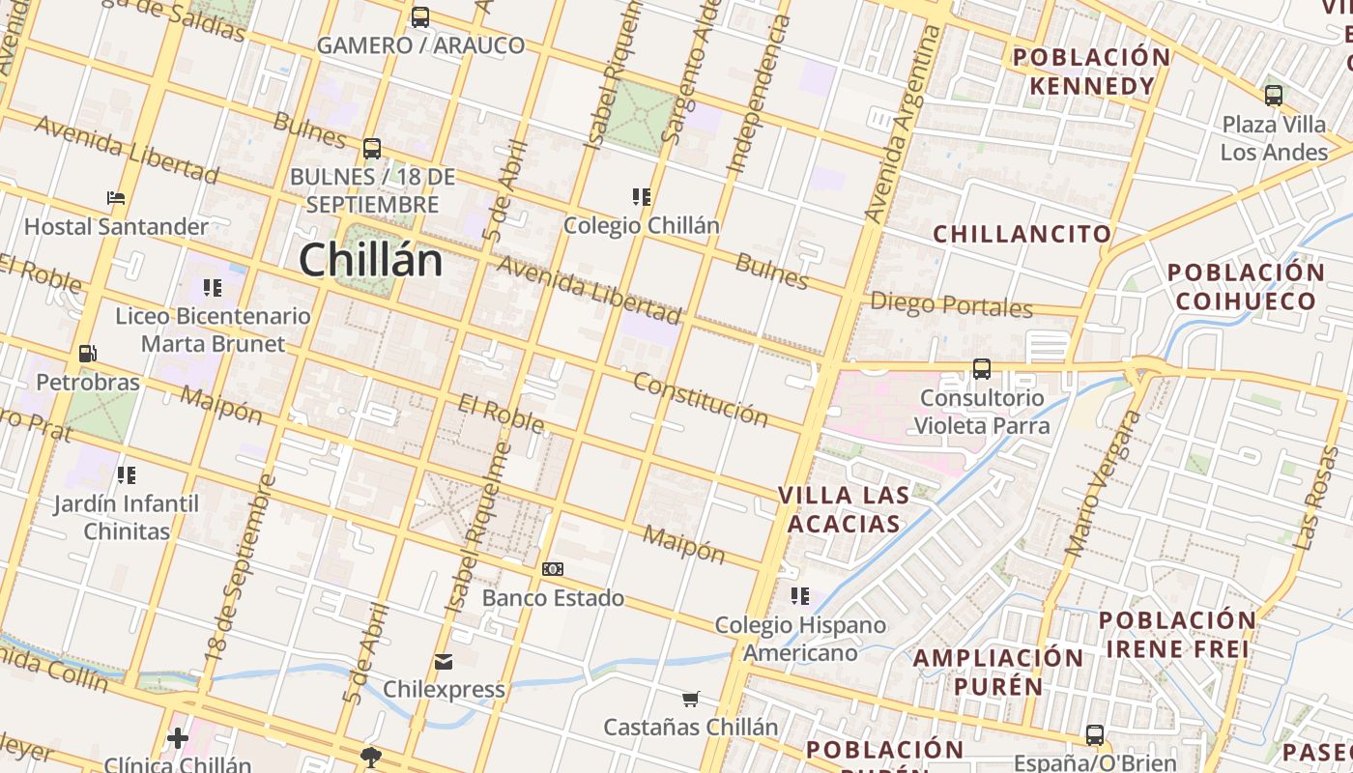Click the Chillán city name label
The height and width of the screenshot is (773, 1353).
pos(370,260)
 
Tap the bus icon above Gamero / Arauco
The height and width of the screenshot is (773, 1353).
pos(419,16)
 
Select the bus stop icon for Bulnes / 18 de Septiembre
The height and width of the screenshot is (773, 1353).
pos(372,149)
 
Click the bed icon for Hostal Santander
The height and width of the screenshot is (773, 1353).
pos(116,198)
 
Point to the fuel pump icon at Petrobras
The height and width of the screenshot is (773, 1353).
pos(87,354)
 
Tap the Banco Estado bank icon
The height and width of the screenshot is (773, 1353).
pos(553,569)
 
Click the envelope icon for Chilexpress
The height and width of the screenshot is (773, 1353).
pos(444,662)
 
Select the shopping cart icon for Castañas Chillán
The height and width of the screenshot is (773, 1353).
pos(690,699)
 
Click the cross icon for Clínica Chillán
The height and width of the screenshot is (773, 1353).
pos(177,738)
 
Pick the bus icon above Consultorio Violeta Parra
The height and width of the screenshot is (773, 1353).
pos(982,368)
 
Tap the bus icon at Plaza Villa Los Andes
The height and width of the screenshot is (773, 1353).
pos(1274,96)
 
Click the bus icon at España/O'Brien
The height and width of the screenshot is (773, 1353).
pos(1095,735)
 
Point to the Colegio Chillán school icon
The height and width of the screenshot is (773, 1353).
pos(641,197)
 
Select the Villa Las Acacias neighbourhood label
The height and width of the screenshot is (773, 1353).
pos(844,509)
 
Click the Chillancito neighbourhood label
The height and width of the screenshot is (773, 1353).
pos(1022,234)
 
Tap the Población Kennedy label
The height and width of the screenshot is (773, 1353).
pos(1091,72)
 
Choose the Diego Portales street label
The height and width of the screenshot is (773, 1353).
pos(952,305)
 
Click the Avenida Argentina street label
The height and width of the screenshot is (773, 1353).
pos(904,126)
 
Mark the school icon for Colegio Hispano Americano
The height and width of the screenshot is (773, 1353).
pos(799,596)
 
